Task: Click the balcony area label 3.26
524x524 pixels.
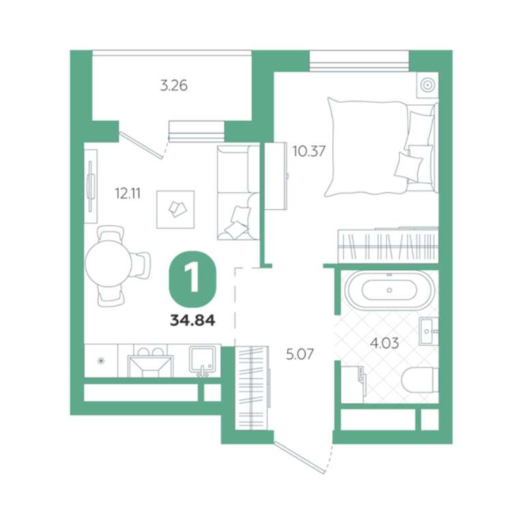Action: tap(174, 85)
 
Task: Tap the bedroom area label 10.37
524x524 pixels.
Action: tap(309, 151)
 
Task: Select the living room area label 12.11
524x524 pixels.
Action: tap(128, 193)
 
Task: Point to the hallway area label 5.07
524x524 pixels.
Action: tap(300, 354)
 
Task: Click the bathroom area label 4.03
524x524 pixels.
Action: tap(385, 343)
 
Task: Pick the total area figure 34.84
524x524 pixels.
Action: tap(192, 321)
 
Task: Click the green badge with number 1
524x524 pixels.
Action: tap(193, 279)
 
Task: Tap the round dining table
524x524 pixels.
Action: tap(108, 263)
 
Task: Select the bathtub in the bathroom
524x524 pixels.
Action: tap(390, 290)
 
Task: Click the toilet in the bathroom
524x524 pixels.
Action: tap(420, 379)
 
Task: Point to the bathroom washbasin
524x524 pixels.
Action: tap(428, 331)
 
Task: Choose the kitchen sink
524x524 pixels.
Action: tap(203, 360)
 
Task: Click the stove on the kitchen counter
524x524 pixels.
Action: tap(150, 361)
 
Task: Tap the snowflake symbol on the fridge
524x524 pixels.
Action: tap(101, 361)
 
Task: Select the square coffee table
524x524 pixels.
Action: tap(175, 209)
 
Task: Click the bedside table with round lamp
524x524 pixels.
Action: tap(427, 85)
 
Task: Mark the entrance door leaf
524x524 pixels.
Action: tap(300, 457)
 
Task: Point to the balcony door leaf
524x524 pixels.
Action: tap(141, 145)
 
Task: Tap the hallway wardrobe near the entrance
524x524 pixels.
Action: tap(252, 388)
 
